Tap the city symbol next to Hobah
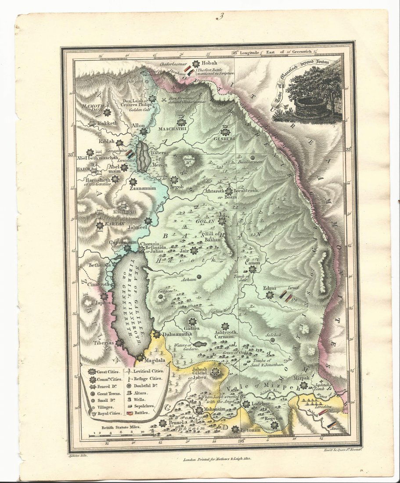(196, 64)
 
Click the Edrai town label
(269, 288)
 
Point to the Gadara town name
(191, 328)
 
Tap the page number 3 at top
(220, 18)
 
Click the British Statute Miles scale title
(119, 427)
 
